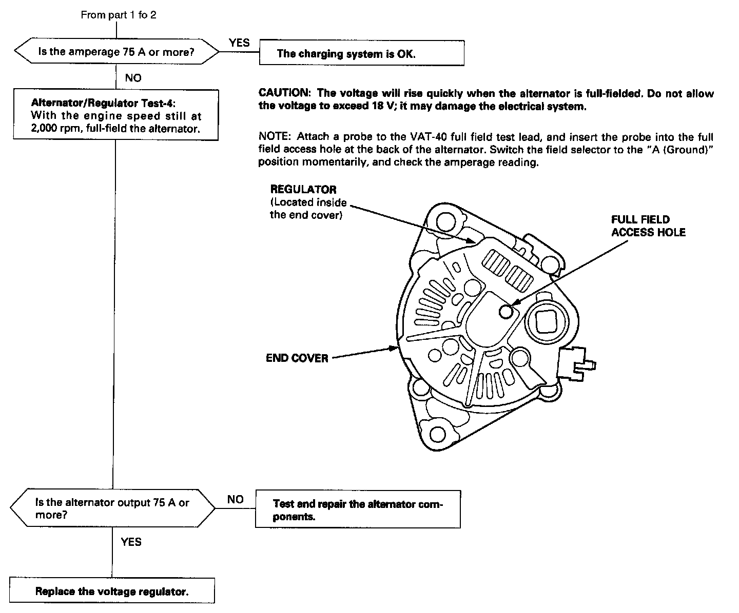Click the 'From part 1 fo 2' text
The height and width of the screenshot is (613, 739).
pyautogui.click(x=119, y=15)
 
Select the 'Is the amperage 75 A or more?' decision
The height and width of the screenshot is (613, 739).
pyautogui.click(x=116, y=52)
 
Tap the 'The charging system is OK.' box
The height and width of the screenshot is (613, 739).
pyautogui.click(x=361, y=53)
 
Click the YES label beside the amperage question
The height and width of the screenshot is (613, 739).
pyautogui.click(x=239, y=43)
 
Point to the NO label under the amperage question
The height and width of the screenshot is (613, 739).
pyautogui.click(x=132, y=78)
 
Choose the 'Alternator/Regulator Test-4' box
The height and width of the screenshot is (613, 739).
pyautogui.click(x=116, y=115)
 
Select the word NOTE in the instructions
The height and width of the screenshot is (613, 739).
pyautogui.click(x=275, y=137)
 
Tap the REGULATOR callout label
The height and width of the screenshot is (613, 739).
pyautogui.click(x=303, y=190)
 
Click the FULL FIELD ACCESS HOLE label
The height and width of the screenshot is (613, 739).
pyautogui.click(x=648, y=226)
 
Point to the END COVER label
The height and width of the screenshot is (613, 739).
pyautogui.click(x=297, y=358)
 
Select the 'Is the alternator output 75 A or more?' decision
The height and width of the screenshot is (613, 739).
pyautogui.click(x=112, y=508)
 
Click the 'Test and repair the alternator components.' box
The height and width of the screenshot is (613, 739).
pyautogui.click(x=358, y=510)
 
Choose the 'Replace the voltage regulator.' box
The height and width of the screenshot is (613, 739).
pyautogui.click(x=112, y=591)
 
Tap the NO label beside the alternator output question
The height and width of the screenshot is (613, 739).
pyautogui.click(x=235, y=500)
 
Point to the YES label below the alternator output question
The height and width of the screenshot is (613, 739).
pyautogui.click(x=131, y=542)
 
